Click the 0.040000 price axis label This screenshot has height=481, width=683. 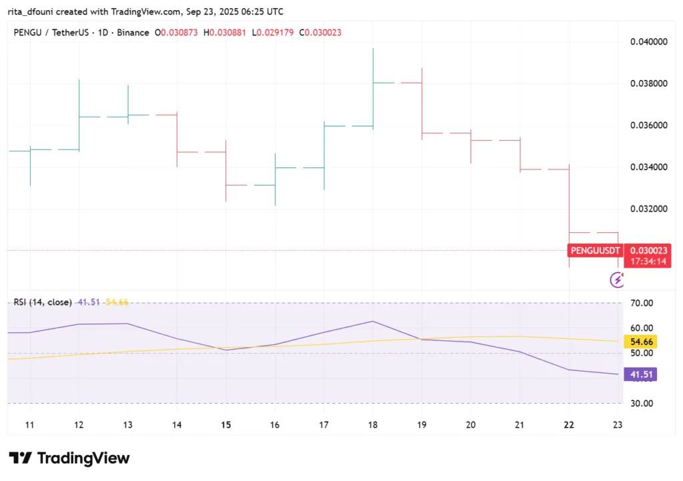coord(649,41)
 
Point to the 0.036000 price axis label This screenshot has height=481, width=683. coord(649,125)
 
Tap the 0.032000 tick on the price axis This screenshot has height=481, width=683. coord(649,209)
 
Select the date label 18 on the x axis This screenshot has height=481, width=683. coord(373,425)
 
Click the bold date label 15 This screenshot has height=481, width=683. coord(225,425)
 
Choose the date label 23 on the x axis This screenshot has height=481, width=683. coord(618,425)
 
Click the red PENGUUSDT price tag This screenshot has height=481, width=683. coord(595,251)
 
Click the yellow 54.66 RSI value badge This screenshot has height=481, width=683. coord(641,342)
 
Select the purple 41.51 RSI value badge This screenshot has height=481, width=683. coord(641,375)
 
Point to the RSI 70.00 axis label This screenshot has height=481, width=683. coord(641,303)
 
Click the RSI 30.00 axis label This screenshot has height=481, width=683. coord(641,404)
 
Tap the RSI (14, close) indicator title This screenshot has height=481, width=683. coord(43,302)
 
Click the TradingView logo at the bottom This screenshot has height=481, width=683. coord(69,458)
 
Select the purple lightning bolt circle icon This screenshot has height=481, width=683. coord(617,280)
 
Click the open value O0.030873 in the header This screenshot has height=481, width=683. coord(176,33)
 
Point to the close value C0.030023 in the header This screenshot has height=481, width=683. coord(321,33)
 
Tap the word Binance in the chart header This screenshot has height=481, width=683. coord(133,33)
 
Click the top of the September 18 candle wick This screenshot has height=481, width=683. coord(373,49)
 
